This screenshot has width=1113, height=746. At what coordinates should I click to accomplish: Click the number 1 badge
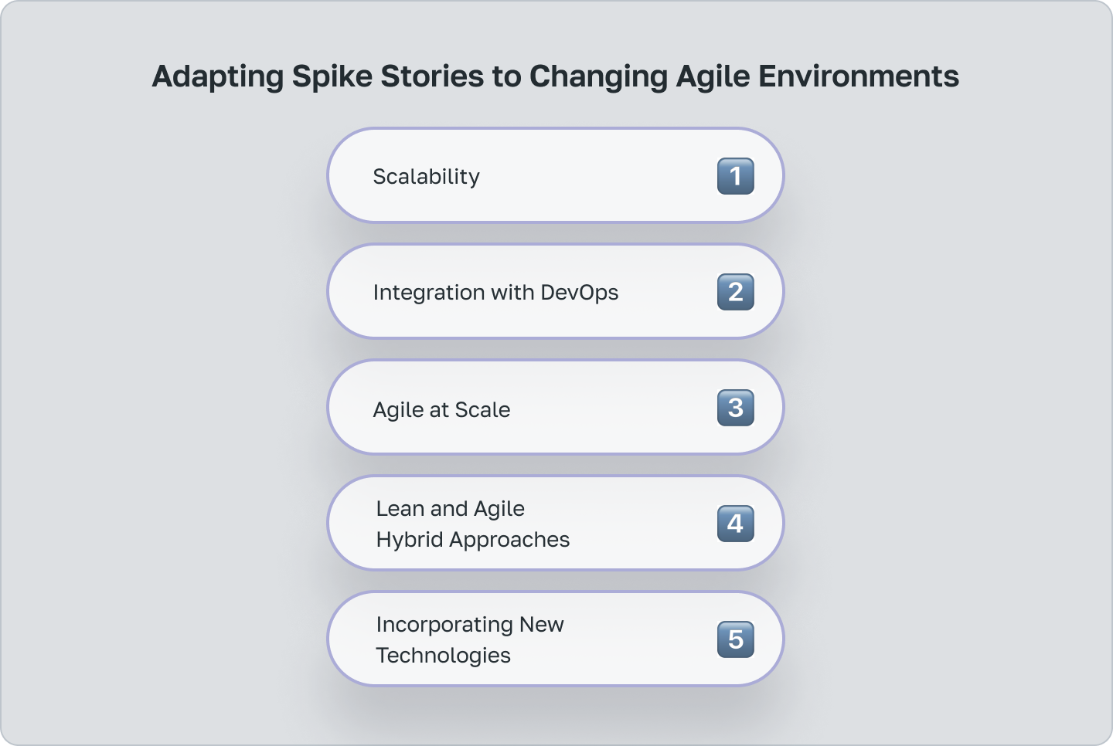tap(735, 176)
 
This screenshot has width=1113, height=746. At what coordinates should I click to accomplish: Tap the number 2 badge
tap(735, 292)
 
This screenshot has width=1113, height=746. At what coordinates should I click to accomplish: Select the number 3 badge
tap(735, 408)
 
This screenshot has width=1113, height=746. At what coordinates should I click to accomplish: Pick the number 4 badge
tap(735, 524)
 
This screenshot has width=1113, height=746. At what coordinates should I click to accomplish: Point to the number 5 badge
tap(735, 639)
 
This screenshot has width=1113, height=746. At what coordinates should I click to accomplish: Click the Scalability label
tap(426, 177)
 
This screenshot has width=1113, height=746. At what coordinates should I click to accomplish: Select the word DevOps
tap(579, 293)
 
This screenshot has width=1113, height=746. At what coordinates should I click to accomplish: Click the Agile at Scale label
tap(441, 409)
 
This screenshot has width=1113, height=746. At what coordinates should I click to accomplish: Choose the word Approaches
tap(509, 540)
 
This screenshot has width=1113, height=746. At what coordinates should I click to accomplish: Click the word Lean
tap(400, 509)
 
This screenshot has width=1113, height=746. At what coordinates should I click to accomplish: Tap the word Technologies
tap(443, 656)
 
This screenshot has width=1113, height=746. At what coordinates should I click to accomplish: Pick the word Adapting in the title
tap(218, 76)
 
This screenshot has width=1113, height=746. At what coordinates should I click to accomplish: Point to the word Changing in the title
tap(598, 76)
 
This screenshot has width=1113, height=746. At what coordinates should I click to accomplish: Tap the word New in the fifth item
tap(541, 625)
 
